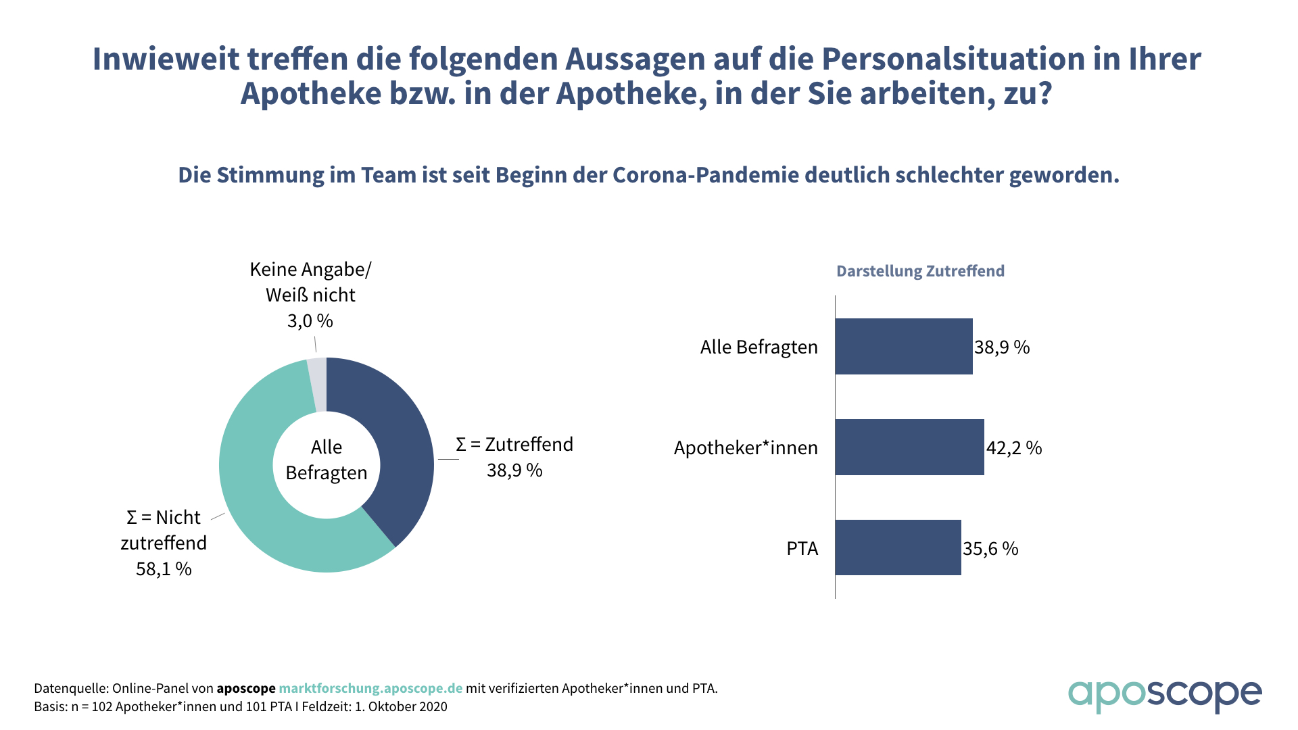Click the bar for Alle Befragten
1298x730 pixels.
point(903,346)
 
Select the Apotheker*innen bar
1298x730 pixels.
point(909,447)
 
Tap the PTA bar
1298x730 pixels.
point(898,547)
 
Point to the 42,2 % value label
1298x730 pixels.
point(1014,447)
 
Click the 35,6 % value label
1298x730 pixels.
point(990,548)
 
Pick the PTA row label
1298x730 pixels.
point(802,548)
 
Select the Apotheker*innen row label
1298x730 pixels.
point(746,447)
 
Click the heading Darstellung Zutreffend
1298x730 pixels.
point(920,271)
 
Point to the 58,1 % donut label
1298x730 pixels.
point(164,569)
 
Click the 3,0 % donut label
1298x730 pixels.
point(310,320)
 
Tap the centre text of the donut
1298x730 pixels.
point(327,460)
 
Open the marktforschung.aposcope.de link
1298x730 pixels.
point(370,688)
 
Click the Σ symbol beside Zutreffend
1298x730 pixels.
point(461,445)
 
